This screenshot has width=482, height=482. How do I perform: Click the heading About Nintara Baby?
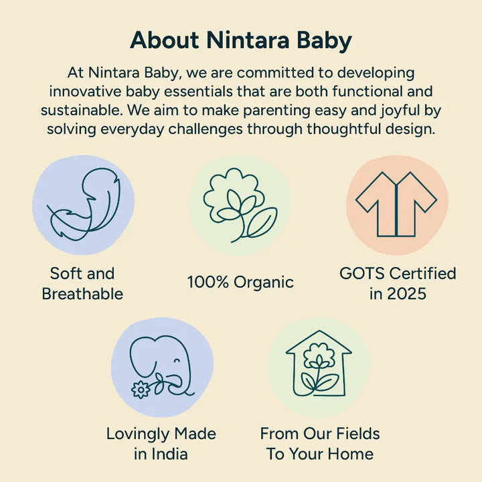[241, 40]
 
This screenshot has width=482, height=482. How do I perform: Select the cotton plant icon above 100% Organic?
[240, 204]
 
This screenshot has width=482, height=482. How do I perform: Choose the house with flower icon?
[319, 366]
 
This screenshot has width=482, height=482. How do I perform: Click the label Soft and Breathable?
[82, 283]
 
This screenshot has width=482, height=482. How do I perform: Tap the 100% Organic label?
[240, 282]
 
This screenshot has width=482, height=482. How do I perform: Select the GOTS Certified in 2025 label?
[398, 283]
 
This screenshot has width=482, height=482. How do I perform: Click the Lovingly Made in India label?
[161, 443]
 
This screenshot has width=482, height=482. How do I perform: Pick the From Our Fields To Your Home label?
[320, 443]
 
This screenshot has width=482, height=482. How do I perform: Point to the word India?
[169, 453]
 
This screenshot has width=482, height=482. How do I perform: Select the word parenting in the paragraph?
[270, 110]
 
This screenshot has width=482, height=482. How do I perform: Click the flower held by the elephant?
[141, 389]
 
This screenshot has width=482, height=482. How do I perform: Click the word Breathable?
[82, 293]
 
